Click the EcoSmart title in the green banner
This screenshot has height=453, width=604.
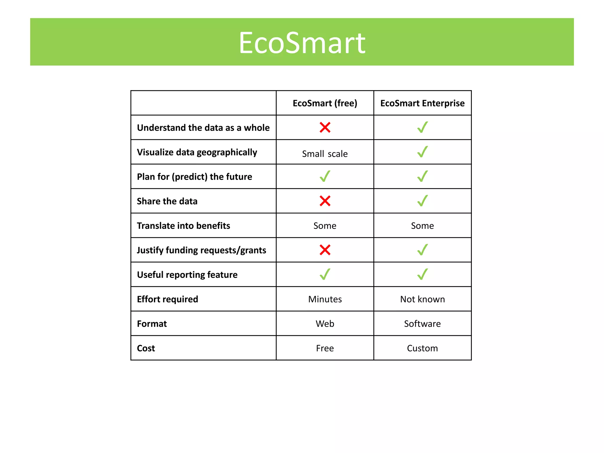click(302, 43)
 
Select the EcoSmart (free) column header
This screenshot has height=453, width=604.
click(325, 103)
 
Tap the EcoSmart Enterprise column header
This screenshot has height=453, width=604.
click(422, 103)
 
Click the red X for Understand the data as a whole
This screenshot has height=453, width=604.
click(325, 127)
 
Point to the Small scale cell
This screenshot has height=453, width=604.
click(325, 154)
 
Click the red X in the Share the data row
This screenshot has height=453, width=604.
click(325, 201)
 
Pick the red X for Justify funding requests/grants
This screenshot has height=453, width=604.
click(325, 250)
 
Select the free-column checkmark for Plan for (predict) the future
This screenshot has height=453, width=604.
click(325, 176)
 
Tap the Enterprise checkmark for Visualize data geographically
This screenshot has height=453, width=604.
click(422, 152)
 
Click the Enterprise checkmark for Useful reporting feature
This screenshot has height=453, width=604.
click(422, 274)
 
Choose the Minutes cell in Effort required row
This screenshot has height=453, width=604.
click(325, 299)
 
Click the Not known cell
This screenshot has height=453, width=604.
click(422, 299)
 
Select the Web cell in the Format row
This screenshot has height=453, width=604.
click(325, 324)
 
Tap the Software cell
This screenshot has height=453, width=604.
click(422, 324)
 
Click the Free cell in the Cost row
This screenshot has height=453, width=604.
click(325, 348)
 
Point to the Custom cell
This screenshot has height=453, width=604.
click(422, 348)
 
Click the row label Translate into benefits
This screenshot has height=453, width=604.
click(183, 226)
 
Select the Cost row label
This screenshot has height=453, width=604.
click(146, 348)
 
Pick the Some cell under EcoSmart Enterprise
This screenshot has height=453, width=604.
click(422, 226)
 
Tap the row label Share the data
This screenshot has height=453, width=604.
click(167, 201)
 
